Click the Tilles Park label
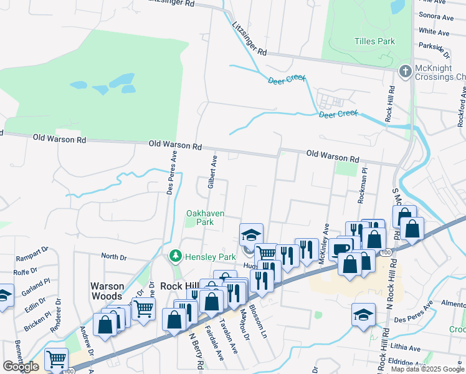point(374,42)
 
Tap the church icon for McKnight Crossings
point(404,70)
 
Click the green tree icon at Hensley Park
point(176,256)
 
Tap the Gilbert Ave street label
point(212,173)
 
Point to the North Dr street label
point(113,256)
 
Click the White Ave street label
point(434,31)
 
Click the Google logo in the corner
point(21,367)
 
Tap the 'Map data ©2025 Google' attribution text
point(427,369)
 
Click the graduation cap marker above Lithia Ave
point(363,314)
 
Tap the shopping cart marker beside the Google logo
point(57,358)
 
